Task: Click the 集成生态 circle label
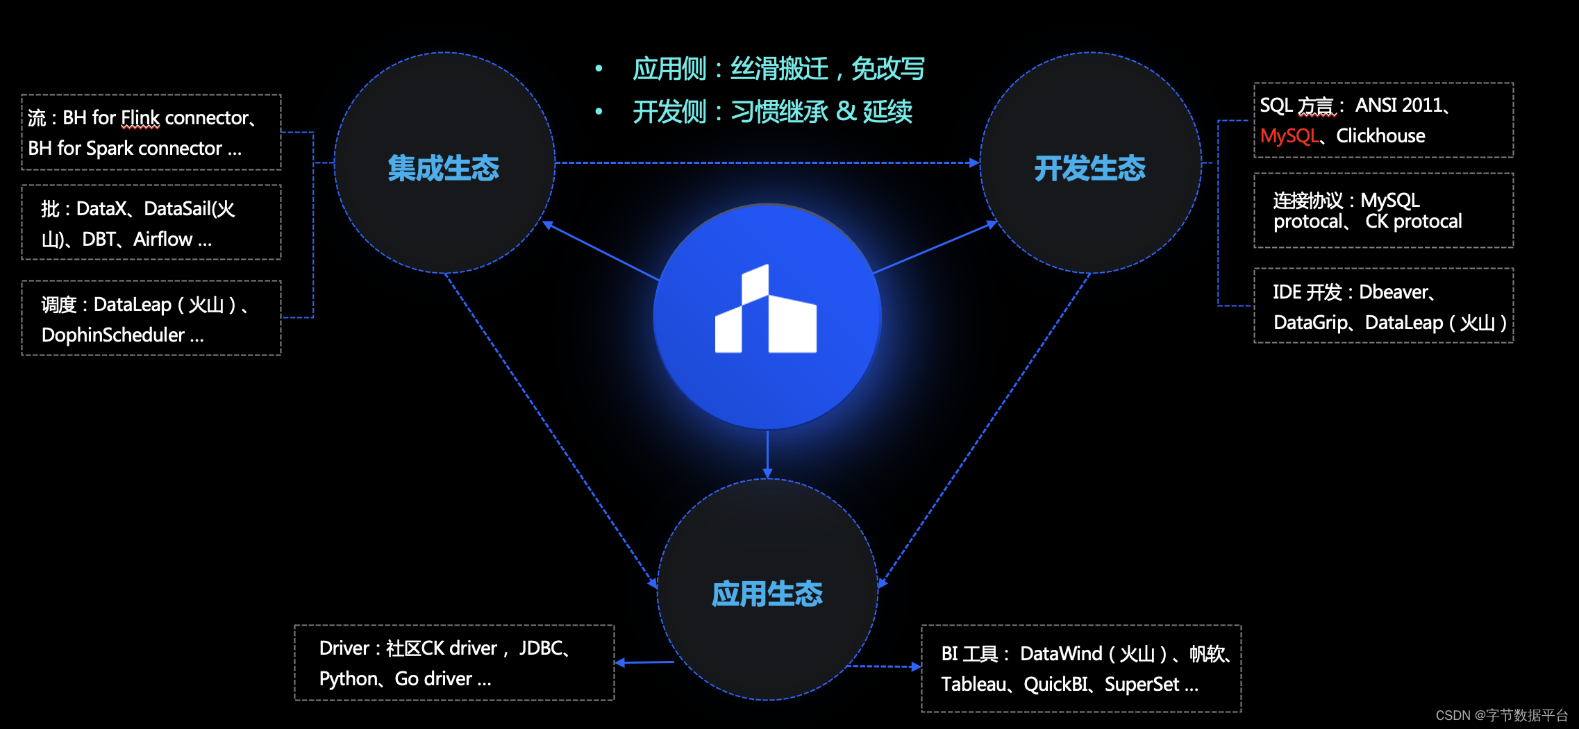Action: coord(444,168)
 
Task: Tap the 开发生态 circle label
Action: coord(1089,168)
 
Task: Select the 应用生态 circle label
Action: coord(767,594)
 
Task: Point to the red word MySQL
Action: coord(1289,136)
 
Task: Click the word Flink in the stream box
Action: coord(140,118)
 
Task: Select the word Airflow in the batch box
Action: coord(163,240)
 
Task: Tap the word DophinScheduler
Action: coord(113,335)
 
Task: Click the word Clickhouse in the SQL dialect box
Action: coord(1380,136)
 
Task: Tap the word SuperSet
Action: coord(1142,685)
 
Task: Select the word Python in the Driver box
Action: coord(349,679)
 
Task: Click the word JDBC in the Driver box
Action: coord(541,648)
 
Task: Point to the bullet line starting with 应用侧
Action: coord(778,69)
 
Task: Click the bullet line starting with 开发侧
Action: coord(772,112)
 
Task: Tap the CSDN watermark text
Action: coord(1501,715)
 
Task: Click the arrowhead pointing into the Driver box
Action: coord(620,663)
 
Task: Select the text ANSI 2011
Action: coord(1398,106)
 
